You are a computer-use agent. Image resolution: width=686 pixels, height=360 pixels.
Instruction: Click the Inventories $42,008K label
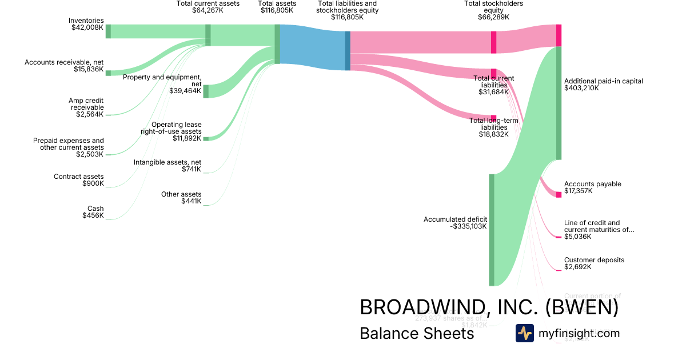pos(87,24)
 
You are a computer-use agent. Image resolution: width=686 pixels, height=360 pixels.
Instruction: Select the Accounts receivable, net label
pos(64,66)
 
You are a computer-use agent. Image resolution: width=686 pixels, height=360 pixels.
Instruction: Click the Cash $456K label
pos(95,212)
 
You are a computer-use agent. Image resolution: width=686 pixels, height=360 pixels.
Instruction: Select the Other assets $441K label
pos(181,198)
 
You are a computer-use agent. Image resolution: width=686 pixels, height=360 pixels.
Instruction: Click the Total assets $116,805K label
pos(277,7)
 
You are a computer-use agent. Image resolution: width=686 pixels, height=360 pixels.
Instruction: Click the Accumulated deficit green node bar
pos(491,229)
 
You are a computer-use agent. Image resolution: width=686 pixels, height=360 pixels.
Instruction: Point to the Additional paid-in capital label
pos(603,85)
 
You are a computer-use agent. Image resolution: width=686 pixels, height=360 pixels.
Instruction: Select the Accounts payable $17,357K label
pos(592,187)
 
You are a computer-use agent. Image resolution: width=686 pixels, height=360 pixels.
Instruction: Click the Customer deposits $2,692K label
pos(594,263)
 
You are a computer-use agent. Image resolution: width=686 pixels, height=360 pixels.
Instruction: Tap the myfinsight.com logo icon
pos(524,333)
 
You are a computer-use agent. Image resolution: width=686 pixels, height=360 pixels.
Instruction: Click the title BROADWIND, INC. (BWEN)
pos(489,307)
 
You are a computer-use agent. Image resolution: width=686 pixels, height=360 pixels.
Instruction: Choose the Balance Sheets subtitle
pos(417,333)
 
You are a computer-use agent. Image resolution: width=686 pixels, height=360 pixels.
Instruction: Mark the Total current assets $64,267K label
pos(208,7)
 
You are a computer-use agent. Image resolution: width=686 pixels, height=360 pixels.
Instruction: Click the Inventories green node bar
pos(108,31)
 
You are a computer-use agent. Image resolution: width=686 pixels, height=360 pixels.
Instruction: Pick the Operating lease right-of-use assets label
pos(171,131)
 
